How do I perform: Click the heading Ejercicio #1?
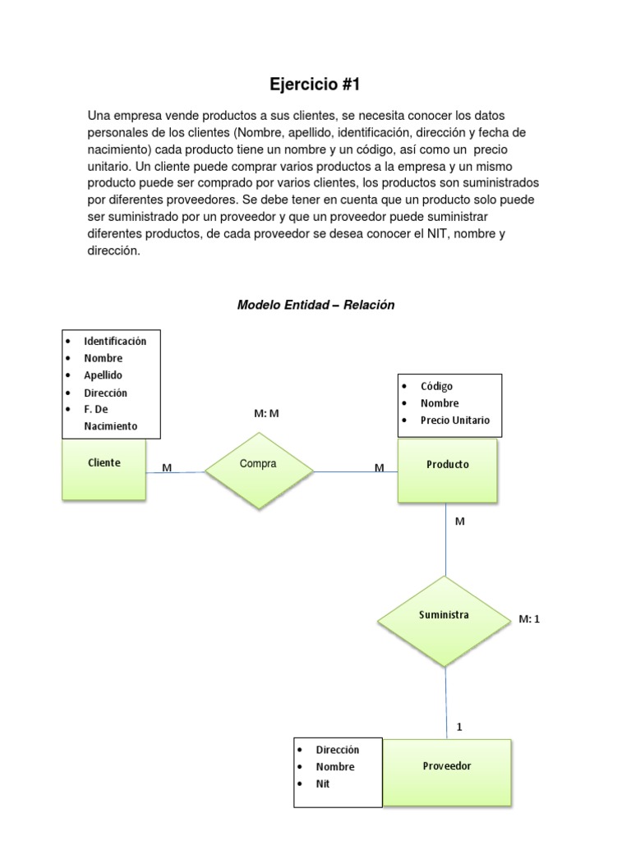click(315, 84)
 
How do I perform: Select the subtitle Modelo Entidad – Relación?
click(315, 305)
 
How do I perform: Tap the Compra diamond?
click(259, 470)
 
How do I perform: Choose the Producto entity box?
click(447, 470)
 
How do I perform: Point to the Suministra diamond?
click(444, 620)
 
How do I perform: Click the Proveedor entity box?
click(447, 771)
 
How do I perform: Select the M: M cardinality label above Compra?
click(267, 414)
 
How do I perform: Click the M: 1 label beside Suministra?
click(530, 619)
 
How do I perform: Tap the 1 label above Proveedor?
click(459, 727)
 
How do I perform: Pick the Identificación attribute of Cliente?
click(115, 341)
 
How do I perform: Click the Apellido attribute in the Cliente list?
click(103, 375)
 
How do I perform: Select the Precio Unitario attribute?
click(455, 420)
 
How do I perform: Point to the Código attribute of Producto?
click(436, 386)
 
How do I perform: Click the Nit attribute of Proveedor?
click(323, 784)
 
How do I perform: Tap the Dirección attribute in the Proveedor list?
click(337, 750)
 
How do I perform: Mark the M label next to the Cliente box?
click(167, 467)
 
